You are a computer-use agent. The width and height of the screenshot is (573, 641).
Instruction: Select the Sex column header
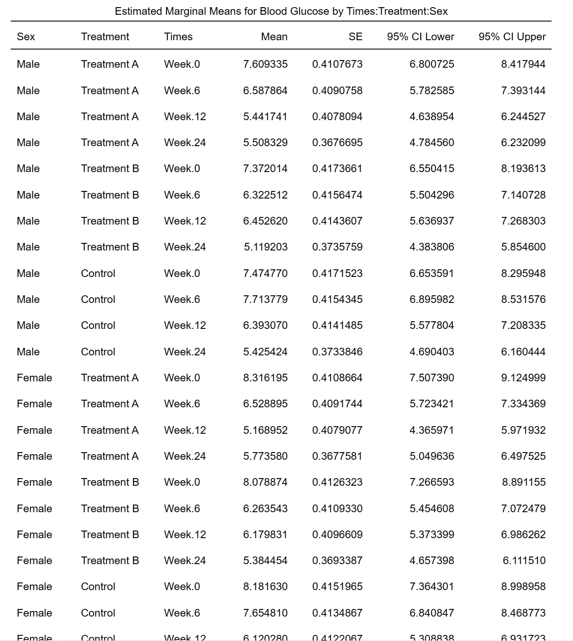tap(26, 37)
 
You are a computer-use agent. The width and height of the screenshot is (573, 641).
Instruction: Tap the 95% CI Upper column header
tap(512, 37)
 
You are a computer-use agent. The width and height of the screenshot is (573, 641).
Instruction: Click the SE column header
tap(356, 37)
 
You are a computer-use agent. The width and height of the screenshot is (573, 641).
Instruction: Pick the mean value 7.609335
tap(265, 64)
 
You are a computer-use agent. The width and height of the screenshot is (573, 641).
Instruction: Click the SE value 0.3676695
tap(337, 143)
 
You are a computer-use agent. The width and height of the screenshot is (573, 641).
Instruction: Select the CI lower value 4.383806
tap(432, 247)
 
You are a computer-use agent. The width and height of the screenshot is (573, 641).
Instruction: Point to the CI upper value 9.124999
tap(523, 378)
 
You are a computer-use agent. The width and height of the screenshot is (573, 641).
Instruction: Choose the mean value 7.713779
tap(265, 299)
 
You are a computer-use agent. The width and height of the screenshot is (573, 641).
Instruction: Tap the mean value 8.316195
tap(265, 378)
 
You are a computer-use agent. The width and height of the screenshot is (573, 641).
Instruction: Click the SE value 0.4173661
tap(337, 169)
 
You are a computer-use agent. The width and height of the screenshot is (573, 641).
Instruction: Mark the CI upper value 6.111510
tap(524, 561)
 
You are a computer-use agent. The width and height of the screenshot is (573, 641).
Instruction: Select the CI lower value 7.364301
tap(432, 587)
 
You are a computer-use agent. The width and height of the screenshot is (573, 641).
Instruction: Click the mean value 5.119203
tap(266, 247)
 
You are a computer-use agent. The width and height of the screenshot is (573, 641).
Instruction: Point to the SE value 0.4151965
tap(337, 587)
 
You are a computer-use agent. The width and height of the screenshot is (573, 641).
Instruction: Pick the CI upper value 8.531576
tap(523, 299)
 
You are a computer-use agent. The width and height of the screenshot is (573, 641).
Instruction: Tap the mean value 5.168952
tap(265, 430)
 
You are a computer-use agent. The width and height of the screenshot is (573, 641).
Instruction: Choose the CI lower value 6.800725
tap(432, 64)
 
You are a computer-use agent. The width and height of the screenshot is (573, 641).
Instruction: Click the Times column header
tap(178, 37)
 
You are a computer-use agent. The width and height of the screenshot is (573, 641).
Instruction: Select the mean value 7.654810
tap(265, 613)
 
